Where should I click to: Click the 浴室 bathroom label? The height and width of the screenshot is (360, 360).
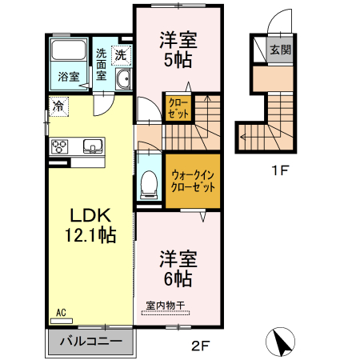[68, 78]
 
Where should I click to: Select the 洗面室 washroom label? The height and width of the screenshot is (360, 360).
[102, 65]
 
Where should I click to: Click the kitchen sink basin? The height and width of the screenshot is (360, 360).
[92, 146]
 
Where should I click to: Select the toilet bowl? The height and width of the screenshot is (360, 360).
[148, 185]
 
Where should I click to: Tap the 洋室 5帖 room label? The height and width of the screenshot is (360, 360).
[178, 48]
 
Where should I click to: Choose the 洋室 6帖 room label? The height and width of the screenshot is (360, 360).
[178, 269]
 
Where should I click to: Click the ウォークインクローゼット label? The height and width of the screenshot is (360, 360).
[193, 181]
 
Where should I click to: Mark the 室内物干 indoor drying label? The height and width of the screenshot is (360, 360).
[165, 305]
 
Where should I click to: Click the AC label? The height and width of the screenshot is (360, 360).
[61, 313]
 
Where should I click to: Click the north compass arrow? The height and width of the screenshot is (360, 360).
[281, 342]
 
